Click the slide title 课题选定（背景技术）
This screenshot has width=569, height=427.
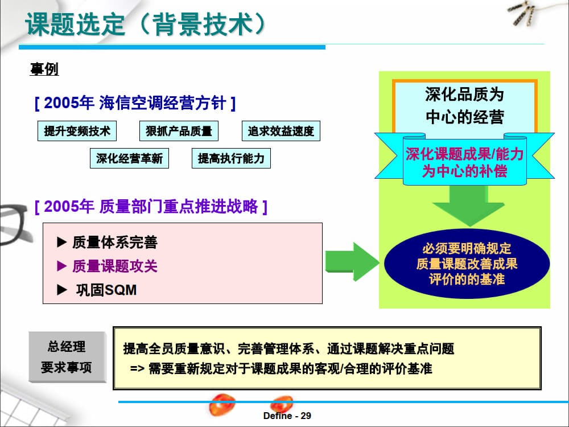[x=146, y=24]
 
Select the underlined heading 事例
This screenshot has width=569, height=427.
[x=44, y=69]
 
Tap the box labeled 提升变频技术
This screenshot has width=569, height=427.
[x=76, y=132]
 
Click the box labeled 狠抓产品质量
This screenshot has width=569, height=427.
[x=179, y=132]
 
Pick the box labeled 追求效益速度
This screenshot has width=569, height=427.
[x=281, y=132]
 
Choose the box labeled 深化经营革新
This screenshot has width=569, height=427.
[x=129, y=158]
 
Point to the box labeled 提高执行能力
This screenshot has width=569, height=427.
[x=231, y=158]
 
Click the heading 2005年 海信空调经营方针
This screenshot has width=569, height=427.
[x=135, y=104]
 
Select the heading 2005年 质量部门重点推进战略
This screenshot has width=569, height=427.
[x=151, y=206]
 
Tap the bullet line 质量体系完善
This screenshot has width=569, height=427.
[x=108, y=243]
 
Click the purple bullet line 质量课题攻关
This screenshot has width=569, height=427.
[x=108, y=266]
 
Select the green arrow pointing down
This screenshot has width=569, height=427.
[x=464, y=206]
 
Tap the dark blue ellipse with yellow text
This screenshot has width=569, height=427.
[x=467, y=264]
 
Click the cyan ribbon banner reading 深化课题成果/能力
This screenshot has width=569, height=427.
[x=464, y=162]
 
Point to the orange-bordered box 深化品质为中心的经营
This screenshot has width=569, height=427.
[x=464, y=106]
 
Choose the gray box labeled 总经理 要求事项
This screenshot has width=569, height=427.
[x=67, y=357]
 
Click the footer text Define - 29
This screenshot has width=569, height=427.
[x=287, y=416]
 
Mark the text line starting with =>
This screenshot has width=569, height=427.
[x=281, y=369]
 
